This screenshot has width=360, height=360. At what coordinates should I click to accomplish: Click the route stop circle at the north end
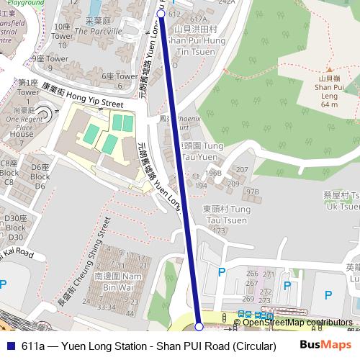pyautogui.click(x=161, y=13)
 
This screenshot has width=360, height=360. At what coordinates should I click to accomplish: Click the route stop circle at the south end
pyautogui.click(x=199, y=327)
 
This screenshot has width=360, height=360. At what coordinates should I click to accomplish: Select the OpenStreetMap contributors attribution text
pyautogui.click(x=297, y=323)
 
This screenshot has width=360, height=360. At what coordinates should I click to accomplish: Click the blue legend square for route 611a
pyautogui.click(x=11, y=346)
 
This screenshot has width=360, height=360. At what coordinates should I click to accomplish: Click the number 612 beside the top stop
pyautogui.click(x=174, y=14)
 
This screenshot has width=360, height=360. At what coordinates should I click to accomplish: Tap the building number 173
pyautogui.click(x=218, y=230)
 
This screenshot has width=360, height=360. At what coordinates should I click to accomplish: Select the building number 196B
pyautogui.click(x=213, y=173)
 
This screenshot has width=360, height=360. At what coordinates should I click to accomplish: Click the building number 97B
pyautogui.click(x=252, y=192)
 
